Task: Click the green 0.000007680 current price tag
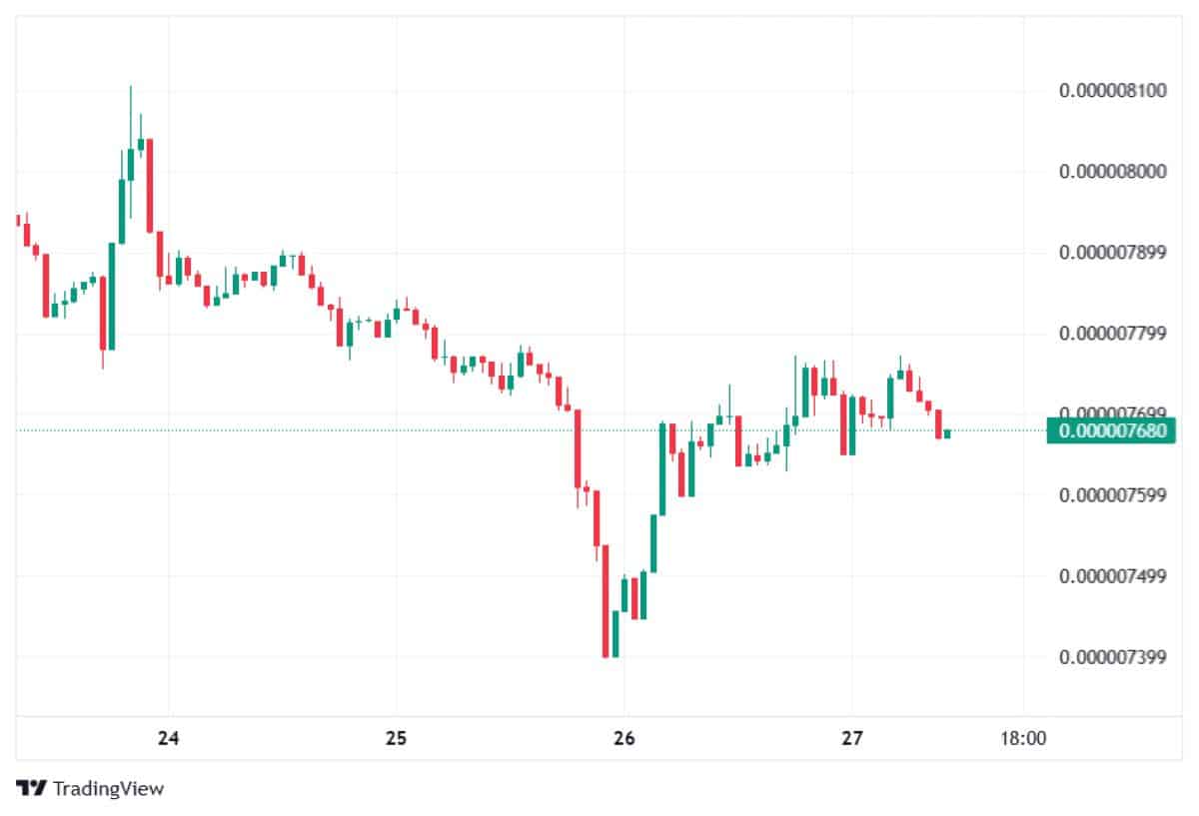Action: coord(1112,431)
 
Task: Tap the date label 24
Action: coord(169,739)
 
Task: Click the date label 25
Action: coord(396,739)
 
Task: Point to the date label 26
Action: coord(623,739)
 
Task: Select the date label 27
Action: coord(851,739)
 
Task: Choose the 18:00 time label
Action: coord(1023,739)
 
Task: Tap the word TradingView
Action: coord(108,789)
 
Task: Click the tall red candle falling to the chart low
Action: coord(605,599)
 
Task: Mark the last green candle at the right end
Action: coord(946,433)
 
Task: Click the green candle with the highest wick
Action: coord(131,165)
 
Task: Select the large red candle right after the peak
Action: coord(150,185)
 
